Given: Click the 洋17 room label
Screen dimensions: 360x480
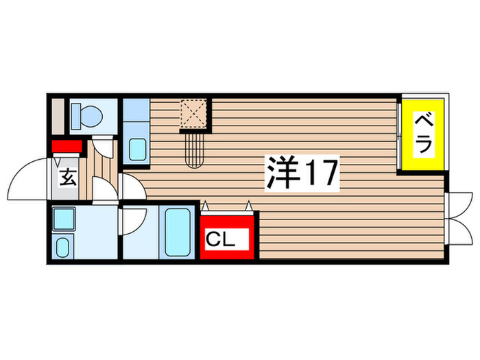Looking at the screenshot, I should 302,173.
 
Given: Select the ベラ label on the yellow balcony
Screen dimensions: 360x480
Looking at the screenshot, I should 423,134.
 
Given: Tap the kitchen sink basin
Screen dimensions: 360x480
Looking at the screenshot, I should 138,148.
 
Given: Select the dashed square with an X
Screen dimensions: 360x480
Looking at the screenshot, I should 195,114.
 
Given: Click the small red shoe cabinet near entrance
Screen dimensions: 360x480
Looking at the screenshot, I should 67,146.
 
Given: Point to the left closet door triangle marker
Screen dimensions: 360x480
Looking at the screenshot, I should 204,204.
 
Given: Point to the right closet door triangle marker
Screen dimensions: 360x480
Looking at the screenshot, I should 249,204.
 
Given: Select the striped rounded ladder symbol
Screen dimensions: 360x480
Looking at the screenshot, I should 195,147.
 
